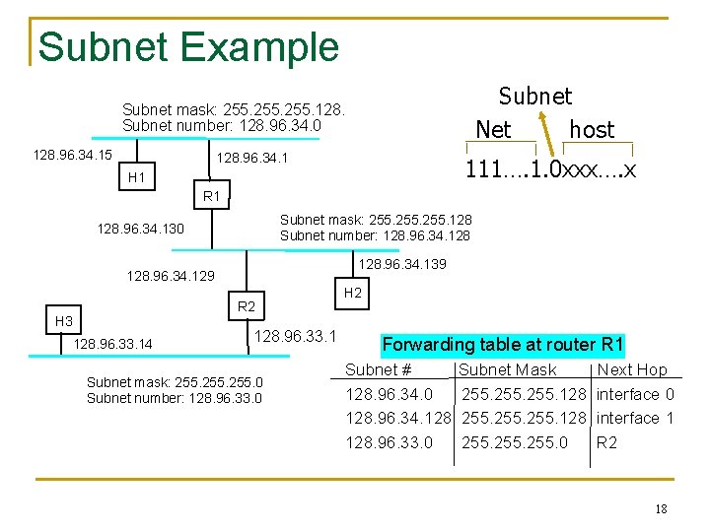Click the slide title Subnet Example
click(188, 46)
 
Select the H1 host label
click(137, 177)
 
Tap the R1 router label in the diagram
click(212, 196)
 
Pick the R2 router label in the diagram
click(247, 307)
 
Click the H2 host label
click(353, 293)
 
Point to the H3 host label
click(64, 321)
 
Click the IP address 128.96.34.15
click(72, 155)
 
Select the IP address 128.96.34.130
click(140, 229)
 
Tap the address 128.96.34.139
click(402, 264)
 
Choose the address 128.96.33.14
click(113, 344)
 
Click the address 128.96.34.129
click(172, 278)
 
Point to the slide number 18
click(661, 508)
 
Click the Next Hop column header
click(632, 370)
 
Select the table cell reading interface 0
click(636, 394)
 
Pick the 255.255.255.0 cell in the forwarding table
click(515, 442)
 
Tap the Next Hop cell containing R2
click(607, 442)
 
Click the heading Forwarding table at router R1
click(503, 345)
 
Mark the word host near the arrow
click(592, 130)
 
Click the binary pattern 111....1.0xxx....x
click(550, 170)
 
